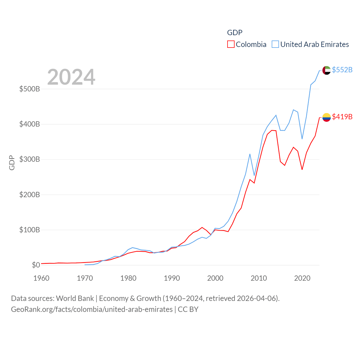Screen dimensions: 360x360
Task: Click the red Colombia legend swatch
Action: tap(231, 44)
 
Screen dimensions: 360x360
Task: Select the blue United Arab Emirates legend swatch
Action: tap(275, 44)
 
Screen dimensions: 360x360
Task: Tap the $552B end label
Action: tap(342, 70)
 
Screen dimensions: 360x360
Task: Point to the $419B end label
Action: tap(342, 117)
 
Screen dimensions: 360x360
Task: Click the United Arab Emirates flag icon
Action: tap(326, 70)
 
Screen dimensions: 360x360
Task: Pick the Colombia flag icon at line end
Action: tap(326, 117)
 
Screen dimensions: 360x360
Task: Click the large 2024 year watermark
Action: tap(71, 77)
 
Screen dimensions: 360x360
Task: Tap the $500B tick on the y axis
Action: tap(30, 89)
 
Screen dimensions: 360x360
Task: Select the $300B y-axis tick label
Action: tap(30, 159)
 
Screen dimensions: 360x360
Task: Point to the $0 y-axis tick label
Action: tap(36, 265)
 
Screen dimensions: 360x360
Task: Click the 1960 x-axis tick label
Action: tap(41, 278)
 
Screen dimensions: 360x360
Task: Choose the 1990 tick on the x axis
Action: tap(172, 278)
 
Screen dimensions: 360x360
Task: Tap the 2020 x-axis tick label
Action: tap(302, 278)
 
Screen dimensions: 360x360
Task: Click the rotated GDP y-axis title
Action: tap(12, 163)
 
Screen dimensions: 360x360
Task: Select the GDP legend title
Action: tap(235, 33)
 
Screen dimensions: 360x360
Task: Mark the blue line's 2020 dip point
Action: tap(302, 139)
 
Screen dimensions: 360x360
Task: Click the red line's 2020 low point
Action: tap(302, 169)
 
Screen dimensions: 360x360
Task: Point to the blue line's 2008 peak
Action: tap(250, 154)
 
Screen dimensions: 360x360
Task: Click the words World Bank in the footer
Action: tap(75, 298)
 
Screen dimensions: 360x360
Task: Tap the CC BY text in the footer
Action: tap(188, 309)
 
